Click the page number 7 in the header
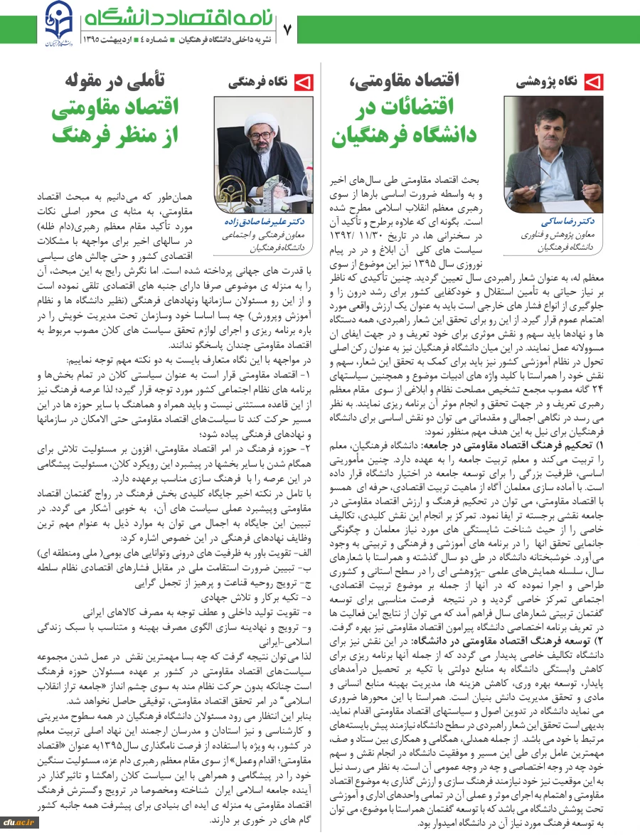tap(288, 30)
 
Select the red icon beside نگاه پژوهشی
tap(594, 82)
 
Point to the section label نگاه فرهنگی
tap(258, 83)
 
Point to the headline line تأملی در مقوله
tap(114, 79)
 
